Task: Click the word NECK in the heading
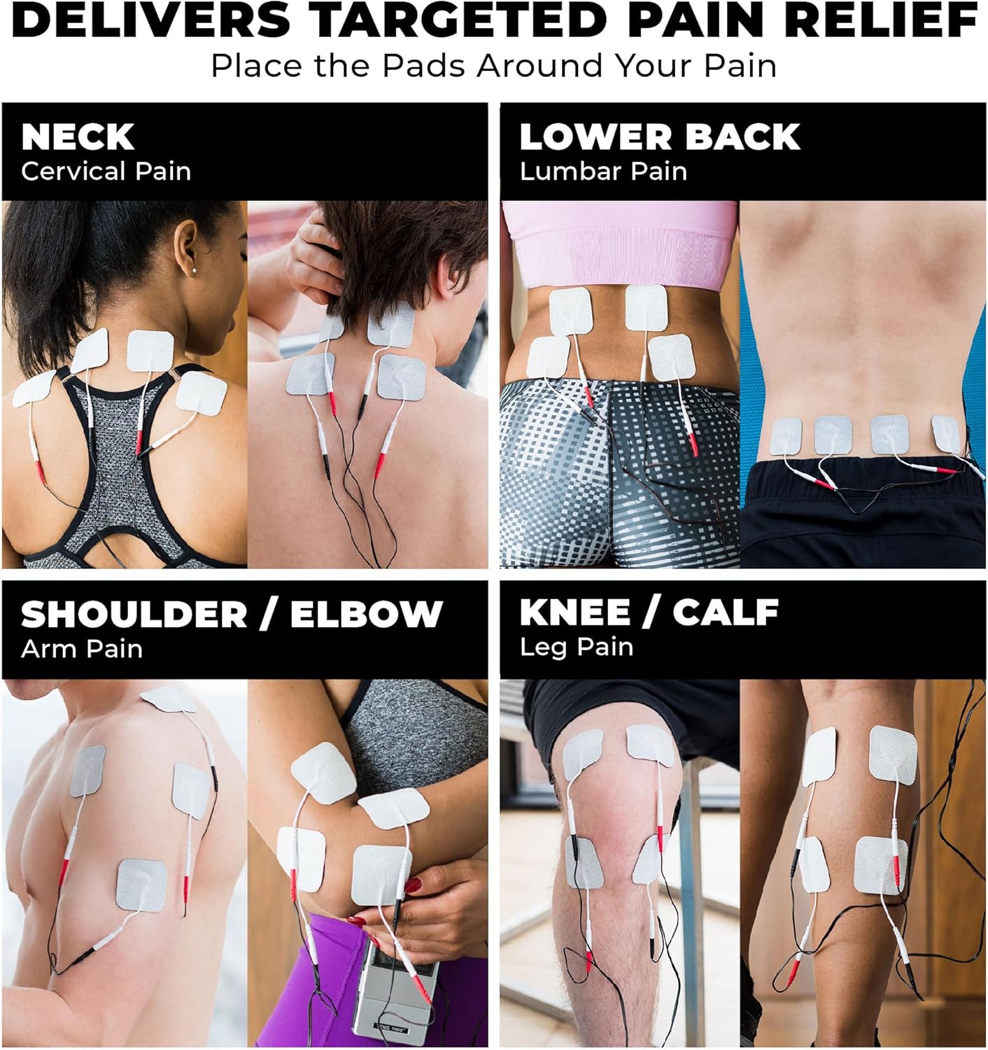pyautogui.click(x=78, y=137)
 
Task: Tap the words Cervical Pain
pyautogui.click(x=106, y=171)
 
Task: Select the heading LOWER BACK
pyautogui.click(x=659, y=137)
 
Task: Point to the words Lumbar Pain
pyautogui.click(x=603, y=171)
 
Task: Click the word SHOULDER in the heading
pyautogui.click(x=134, y=615)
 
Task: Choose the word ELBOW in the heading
pyautogui.click(x=367, y=615)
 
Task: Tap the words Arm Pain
pyautogui.click(x=82, y=649)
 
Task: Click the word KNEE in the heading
pyautogui.click(x=574, y=612)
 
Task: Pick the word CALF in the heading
pyautogui.click(x=726, y=612)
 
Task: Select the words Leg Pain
pyautogui.click(x=576, y=647)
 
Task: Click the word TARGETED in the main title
pyautogui.click(x=457, y=20)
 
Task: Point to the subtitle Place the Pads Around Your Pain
pyautogui.click(x=494, y=66)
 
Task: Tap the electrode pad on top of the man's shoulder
pyautogui.click(x=169, y=699)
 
